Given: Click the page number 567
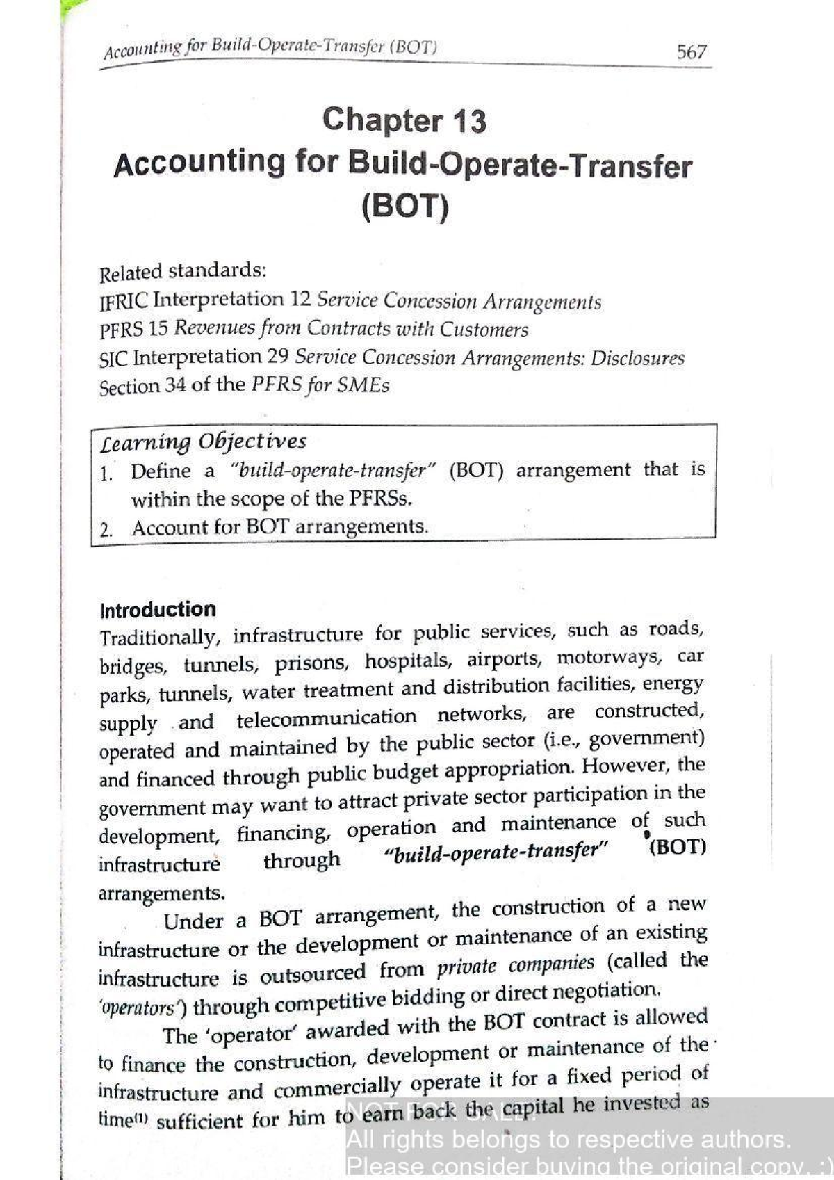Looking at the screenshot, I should pos(692,52).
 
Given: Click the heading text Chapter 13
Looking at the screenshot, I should pos(404,120).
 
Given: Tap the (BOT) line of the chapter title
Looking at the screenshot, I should pos(404,207).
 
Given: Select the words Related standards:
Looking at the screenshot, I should pos(183,270).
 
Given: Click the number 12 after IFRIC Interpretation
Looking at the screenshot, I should pos(300,300).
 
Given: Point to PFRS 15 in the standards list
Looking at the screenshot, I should pos(133,329).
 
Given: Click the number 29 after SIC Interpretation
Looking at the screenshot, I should pos(278,357).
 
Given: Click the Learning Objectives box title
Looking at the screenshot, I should pos(203,442).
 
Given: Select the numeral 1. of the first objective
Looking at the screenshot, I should pos(106,474).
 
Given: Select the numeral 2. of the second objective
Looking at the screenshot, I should pos(106,531).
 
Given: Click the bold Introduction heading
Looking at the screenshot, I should pos(158,610).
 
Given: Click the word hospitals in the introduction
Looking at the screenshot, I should pos(407,661).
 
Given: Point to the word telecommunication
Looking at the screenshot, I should pos(326,718).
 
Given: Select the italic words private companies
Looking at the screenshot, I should pos(516,965).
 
